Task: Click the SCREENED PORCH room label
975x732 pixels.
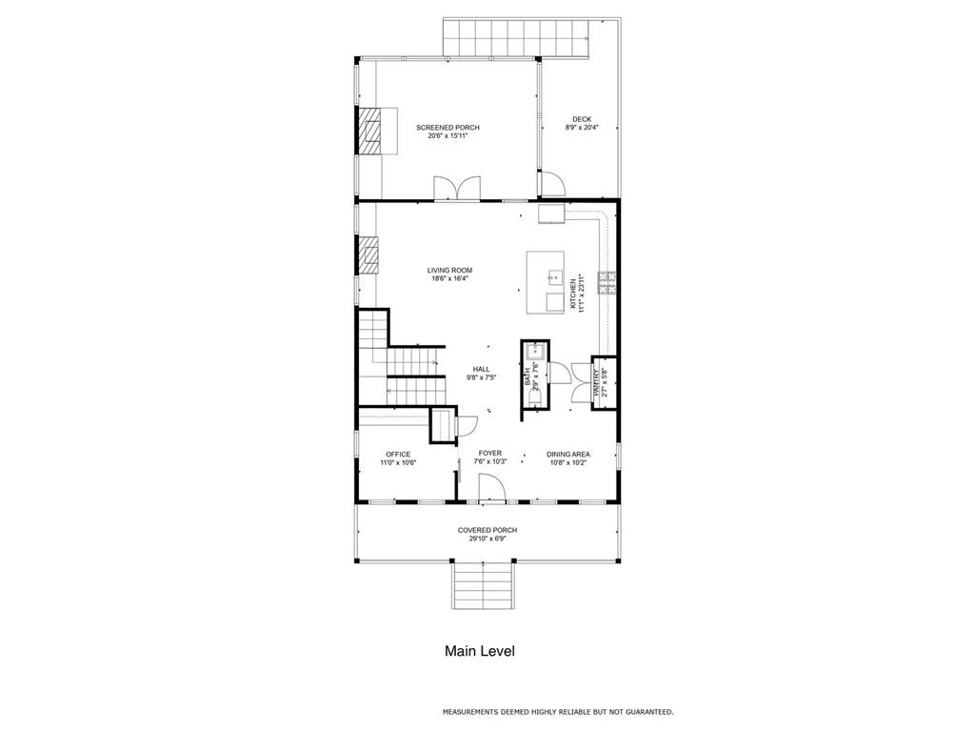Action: pos(448,128)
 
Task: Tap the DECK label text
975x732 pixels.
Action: pos(582,119)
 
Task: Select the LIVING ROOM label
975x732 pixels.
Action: pos(449,270)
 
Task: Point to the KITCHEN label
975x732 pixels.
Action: pos(573,294)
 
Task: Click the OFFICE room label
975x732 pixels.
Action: pos(398,455)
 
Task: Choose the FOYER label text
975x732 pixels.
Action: pos(490,453)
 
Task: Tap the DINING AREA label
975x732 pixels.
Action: pos(568,455)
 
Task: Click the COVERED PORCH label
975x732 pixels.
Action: pos(487,530)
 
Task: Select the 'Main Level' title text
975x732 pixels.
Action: pos(480,651)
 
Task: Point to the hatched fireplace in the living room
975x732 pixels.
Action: pos(368,254)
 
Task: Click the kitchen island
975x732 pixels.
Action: pos(546,282)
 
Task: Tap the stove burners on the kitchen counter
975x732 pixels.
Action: pos(607,282)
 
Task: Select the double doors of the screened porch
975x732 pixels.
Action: pos(457,188)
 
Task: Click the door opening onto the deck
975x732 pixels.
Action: pos(552,184)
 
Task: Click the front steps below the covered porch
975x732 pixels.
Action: pos(483,584)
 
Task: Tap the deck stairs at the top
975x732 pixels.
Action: pos(516,37)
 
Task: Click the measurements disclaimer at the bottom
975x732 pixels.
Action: pos(558,711)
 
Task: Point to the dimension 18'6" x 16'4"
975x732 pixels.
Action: pos(449,278)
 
